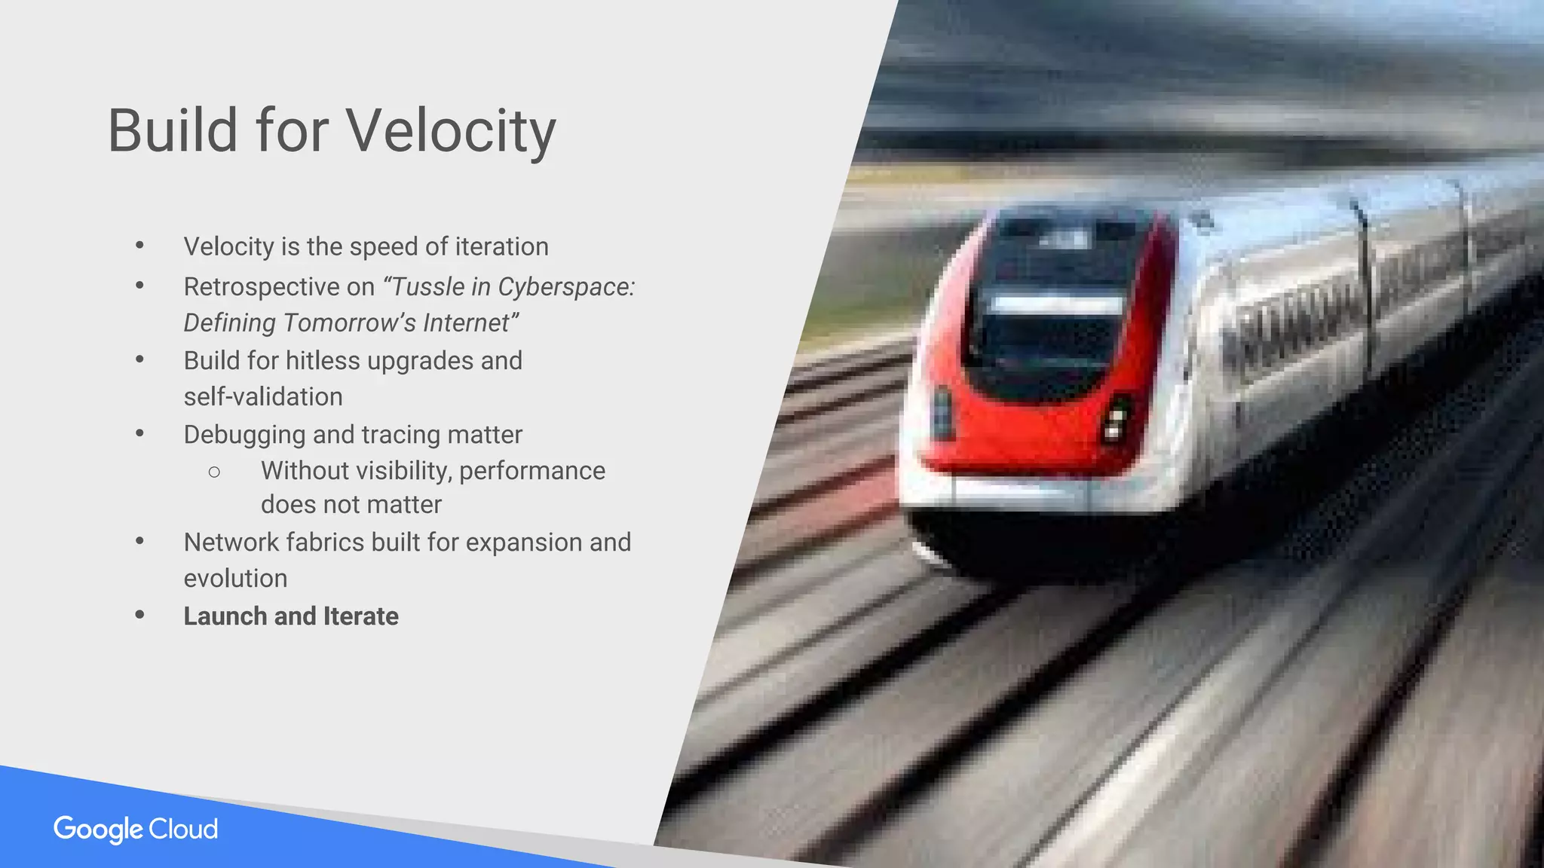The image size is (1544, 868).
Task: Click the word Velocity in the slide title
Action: [451, 131]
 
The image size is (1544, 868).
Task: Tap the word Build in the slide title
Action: [173, 131]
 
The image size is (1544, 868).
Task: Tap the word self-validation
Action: [263, 396]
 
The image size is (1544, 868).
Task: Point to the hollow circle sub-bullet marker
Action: [214, 472]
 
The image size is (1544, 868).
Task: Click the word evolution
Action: [235, 579]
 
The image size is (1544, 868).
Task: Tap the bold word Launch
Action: [225, 616]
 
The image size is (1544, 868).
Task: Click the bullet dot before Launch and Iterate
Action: [139, 616]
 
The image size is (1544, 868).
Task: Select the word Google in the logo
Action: [98, 830]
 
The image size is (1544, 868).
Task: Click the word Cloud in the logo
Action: [183, 829]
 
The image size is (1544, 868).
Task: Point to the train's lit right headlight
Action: [1116, 419]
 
